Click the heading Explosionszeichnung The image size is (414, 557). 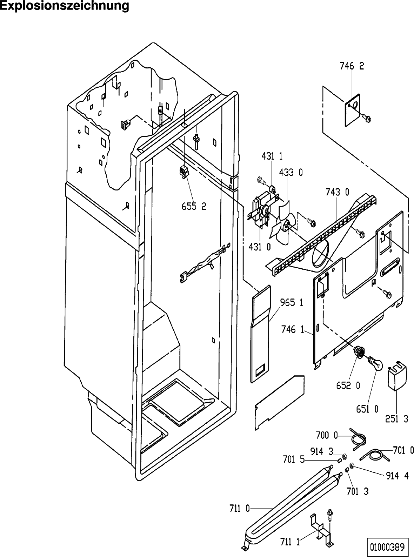[65, 6]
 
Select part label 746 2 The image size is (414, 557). [352, 66]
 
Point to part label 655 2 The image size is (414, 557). [194, 207]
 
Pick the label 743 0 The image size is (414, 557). [338, 192]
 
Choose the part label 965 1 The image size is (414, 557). [292, 303]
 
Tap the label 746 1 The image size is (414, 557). [293, 329]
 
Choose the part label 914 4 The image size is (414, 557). [398, 476]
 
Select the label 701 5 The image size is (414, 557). [294, 459]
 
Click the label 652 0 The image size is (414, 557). [348, 385]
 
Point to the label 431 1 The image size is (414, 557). [272, 157]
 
